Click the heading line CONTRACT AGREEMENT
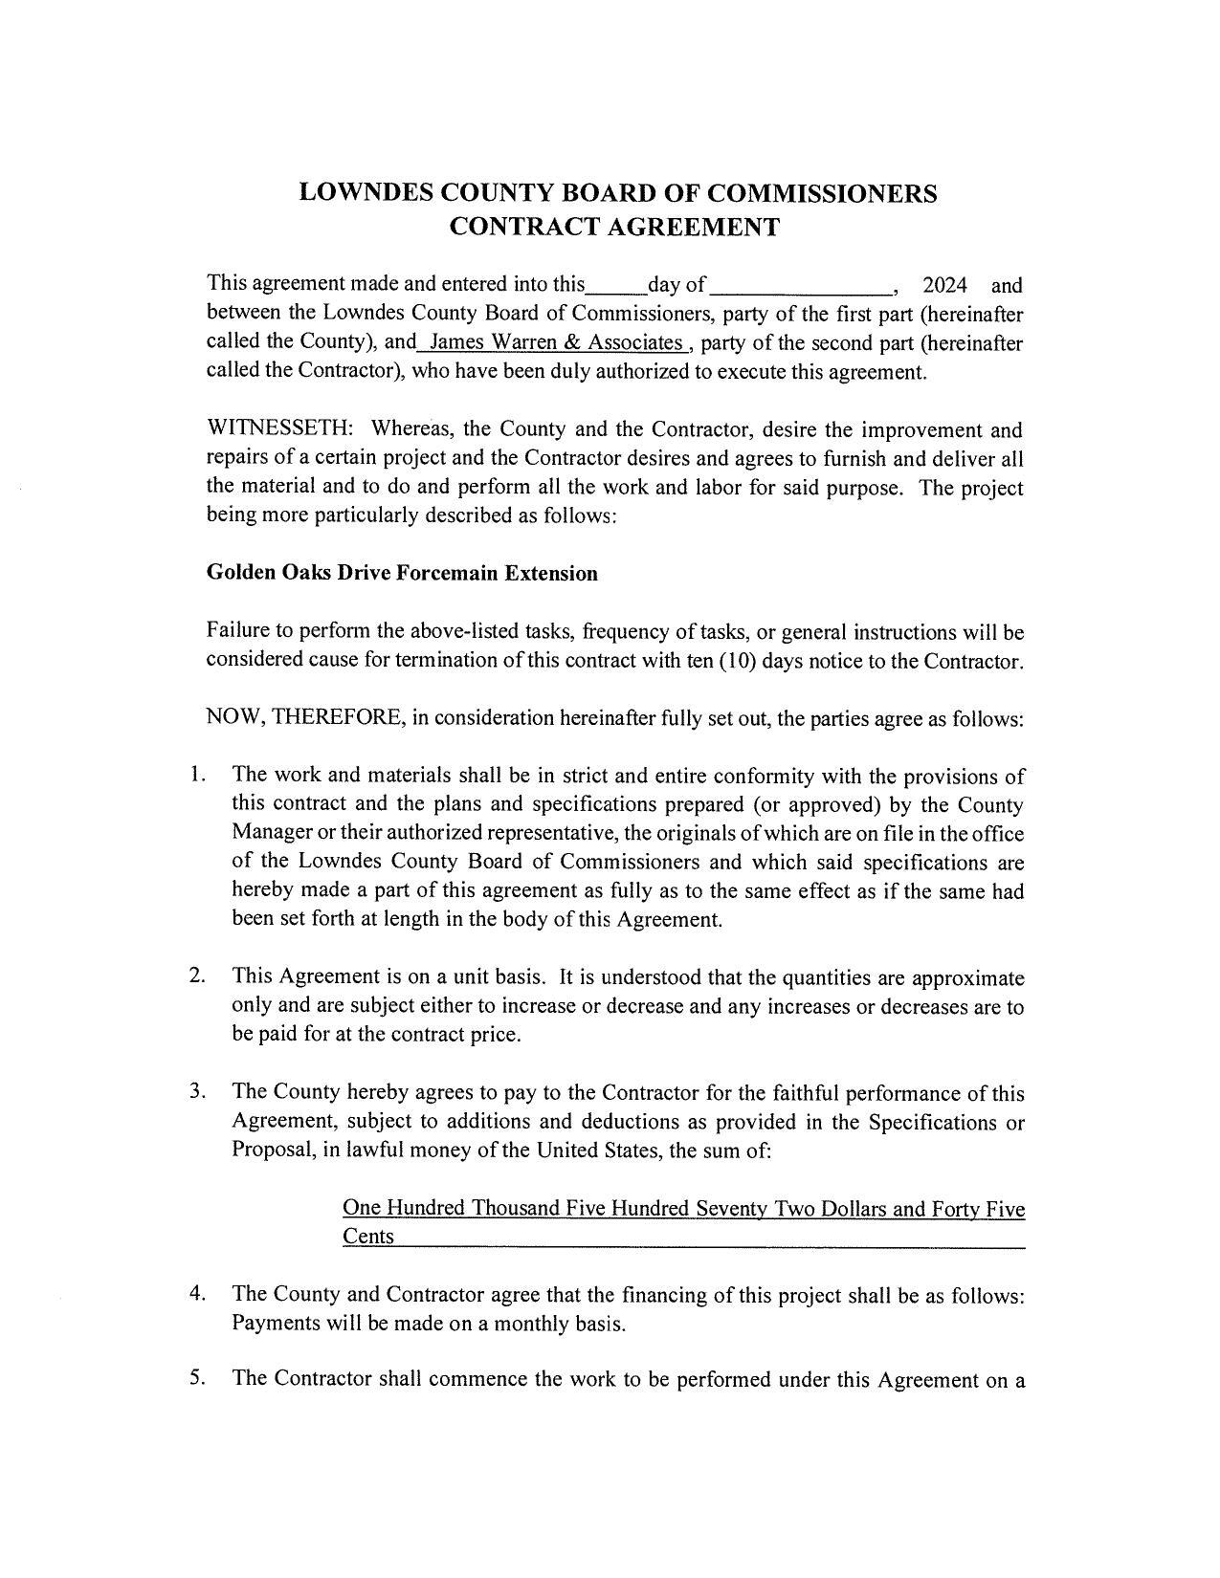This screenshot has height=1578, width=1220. coord(614,228)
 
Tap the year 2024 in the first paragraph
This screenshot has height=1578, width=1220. coord(944,285)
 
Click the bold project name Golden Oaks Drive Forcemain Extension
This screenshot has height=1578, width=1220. coord(402,573)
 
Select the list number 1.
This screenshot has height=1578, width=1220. coord(197,775)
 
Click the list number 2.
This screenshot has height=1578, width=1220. coord(197,976)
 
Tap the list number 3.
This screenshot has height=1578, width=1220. coord(197,1091)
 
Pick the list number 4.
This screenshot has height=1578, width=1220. coord(197,1294)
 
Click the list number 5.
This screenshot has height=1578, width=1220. coord(197,1379)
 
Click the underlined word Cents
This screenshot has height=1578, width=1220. coord(368,1237)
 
